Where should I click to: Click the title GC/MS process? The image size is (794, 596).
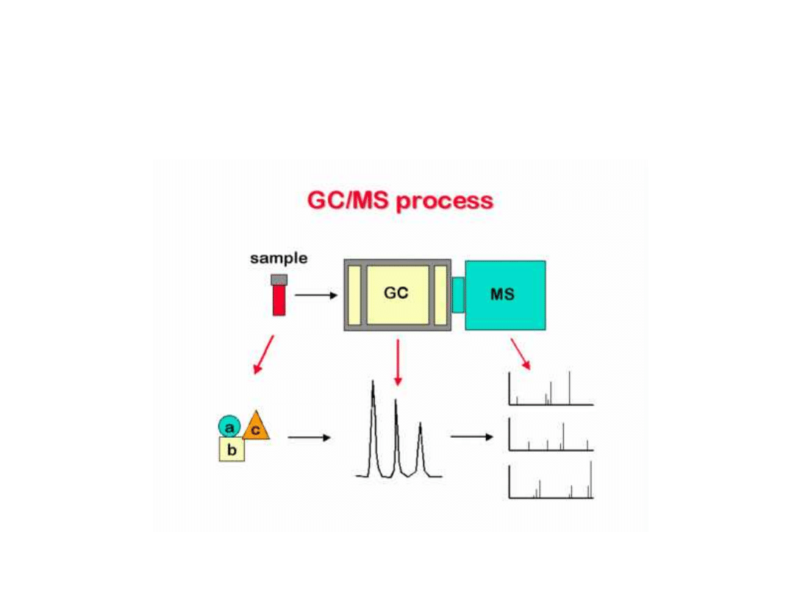point(400,201)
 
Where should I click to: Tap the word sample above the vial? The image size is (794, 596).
point(279,258)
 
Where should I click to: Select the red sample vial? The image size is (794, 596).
point(279,300)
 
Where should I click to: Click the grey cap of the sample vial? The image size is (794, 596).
point(279,280)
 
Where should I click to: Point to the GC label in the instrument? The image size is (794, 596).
point(396,293)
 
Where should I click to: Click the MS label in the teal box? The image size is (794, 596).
point(503,294)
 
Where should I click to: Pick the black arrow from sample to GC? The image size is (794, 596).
point(316,296)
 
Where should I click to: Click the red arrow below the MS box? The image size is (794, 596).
point(520,354)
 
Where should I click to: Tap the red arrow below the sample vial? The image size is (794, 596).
point(264,355)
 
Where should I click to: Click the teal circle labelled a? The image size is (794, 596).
point(229,426)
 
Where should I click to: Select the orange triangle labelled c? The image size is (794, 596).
point(257,428)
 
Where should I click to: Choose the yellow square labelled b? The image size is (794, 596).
point(232,449)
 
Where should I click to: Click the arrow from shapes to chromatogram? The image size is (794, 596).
point(310,438)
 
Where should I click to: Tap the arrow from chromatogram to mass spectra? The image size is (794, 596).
point(472,436)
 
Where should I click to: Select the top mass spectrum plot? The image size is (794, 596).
point(550,390)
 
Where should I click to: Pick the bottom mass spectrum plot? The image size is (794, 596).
point(550,482)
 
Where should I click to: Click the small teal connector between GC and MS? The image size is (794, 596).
point(458,294)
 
